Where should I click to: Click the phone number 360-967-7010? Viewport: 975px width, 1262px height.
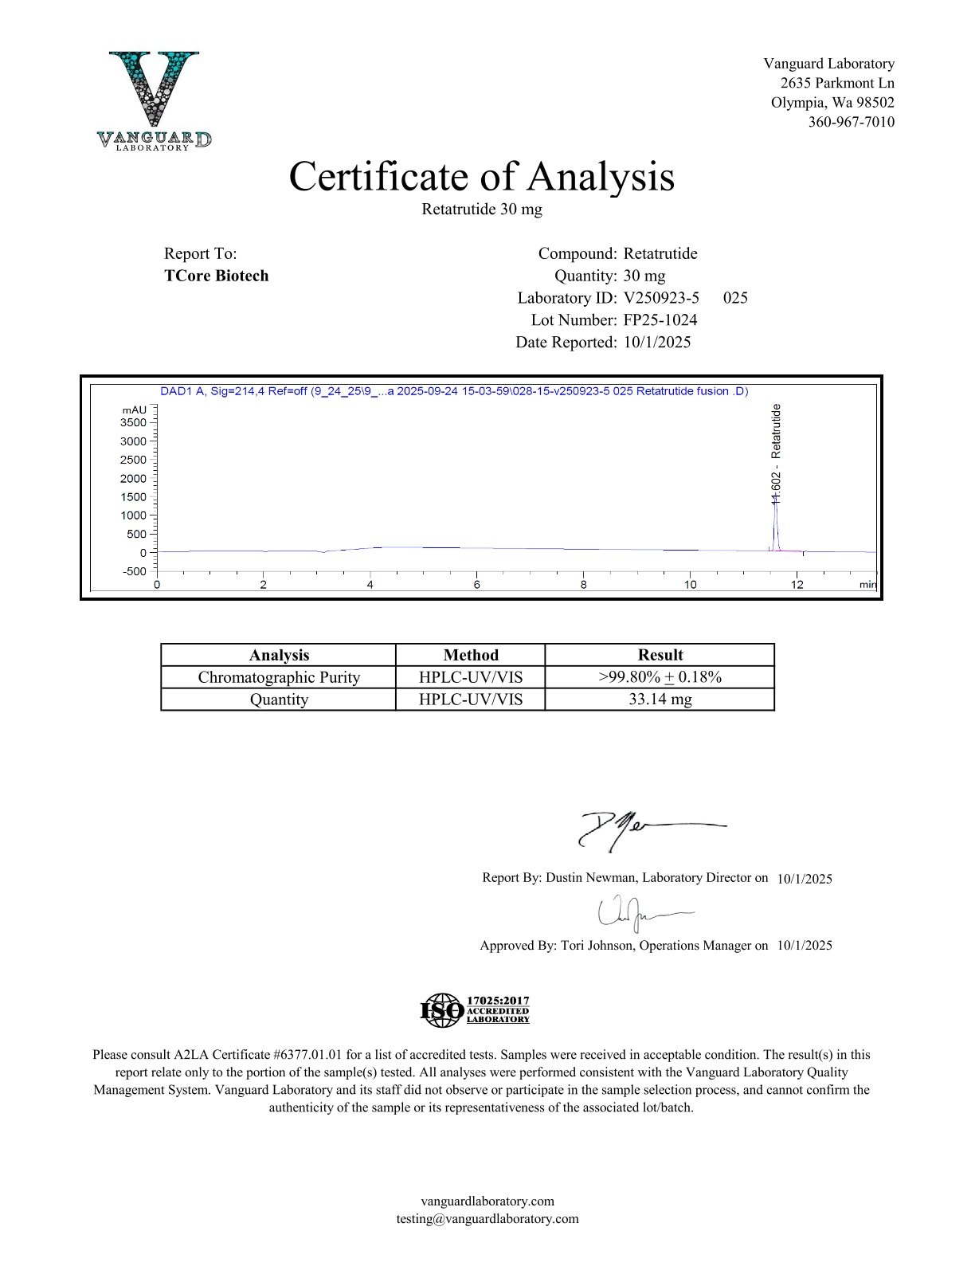(x=851, y=122)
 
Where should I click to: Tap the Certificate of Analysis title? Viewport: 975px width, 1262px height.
(x=481, y=176)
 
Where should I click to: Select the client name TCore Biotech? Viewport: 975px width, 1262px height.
(x=216, y=276)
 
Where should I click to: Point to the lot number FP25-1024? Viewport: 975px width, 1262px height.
(x=660, y=320)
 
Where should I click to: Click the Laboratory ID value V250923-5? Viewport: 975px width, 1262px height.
(x=661, y=298)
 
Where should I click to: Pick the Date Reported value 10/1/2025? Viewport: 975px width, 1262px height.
(x=657, y=343)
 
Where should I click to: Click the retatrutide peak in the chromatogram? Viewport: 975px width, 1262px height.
(x=775, y=526)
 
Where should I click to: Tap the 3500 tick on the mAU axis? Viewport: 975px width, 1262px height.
(x=133, y=423)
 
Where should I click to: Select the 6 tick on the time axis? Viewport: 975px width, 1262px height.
(x=476, y=584)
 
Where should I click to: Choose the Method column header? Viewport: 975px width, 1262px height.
(x=471, y=655)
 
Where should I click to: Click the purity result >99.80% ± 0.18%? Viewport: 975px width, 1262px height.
(x=660, y=677)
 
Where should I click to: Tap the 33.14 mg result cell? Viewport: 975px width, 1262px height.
(x=660, y=700)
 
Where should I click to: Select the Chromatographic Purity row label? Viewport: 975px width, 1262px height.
(x=279, y=677)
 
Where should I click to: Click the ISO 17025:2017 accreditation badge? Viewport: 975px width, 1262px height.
(x=475, y=1009)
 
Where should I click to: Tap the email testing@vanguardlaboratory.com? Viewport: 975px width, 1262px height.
(x=487, y=1219)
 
